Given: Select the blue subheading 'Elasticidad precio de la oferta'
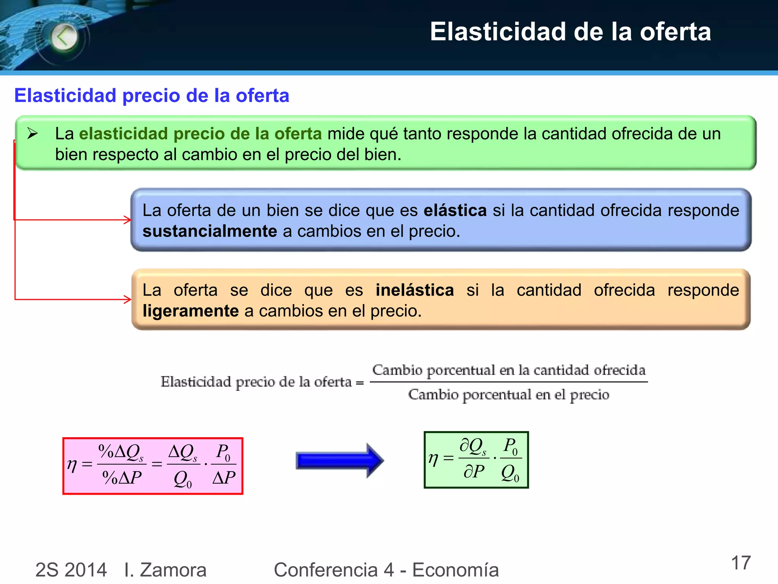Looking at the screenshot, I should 152,95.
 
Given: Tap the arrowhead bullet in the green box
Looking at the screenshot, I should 33,133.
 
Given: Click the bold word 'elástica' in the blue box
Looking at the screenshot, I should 455,210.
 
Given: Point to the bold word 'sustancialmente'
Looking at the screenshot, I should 210,231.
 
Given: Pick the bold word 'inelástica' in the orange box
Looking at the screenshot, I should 414,290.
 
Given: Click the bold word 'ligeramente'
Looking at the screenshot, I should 190,311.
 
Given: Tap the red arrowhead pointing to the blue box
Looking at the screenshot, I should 128,220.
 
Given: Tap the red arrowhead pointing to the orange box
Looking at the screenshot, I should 128,300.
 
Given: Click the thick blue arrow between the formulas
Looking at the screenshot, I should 339,461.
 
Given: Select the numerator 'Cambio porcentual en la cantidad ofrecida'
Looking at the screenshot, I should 508,370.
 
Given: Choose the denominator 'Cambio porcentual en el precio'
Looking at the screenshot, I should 508,395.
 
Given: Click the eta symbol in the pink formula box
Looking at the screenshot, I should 72,465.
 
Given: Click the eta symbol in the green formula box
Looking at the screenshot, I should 433,459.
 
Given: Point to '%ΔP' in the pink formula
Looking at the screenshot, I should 122,477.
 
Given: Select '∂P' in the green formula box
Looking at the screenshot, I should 474,472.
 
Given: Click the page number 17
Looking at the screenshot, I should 741,563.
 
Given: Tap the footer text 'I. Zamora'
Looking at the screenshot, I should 165,570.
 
